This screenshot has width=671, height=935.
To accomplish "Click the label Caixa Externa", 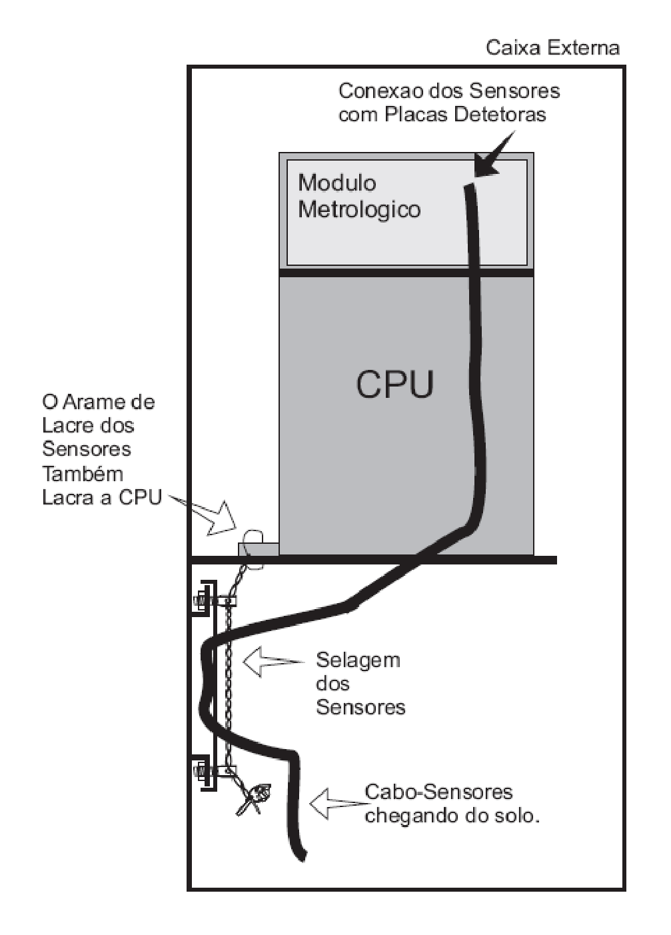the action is coord(552,48).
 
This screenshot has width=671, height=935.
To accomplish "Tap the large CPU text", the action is coord(394,384).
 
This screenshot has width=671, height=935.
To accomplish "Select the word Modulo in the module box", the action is coord(337,183).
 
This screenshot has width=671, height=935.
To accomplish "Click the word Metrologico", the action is coord(359,209).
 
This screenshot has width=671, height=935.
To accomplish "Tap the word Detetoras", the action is coord(500,115).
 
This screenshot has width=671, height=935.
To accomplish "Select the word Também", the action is coord(83,474).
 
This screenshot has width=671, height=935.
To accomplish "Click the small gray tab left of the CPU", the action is coord(258,549).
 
